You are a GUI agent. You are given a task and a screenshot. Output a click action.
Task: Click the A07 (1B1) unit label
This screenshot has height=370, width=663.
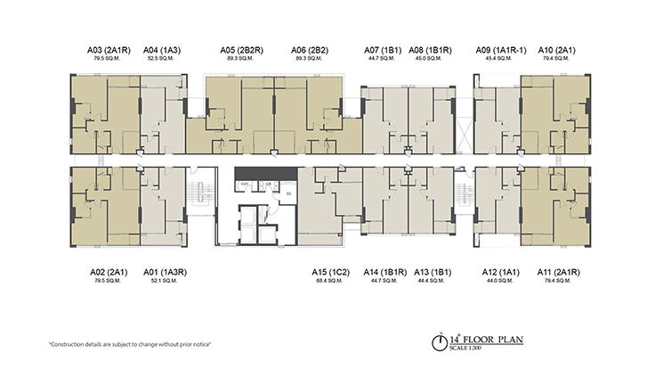click(x=383, y=50)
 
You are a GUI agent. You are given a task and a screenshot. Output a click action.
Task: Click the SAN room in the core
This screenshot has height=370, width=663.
click(x=243, y=184)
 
